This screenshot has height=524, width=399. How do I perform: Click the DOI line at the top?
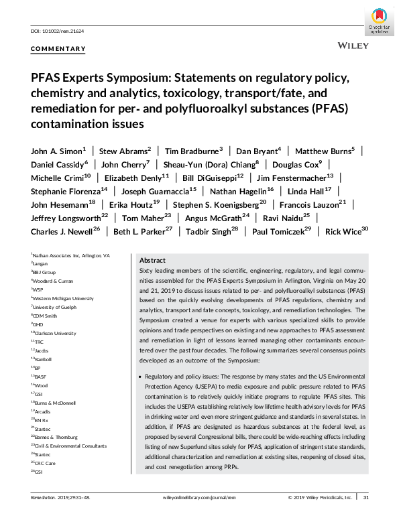pyautogui.click(x=54, y=31)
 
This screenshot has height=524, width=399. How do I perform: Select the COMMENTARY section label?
pyautogui.click(x=58, y=49)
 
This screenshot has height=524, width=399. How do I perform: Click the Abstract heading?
pyautogui.click(x=153, y=260)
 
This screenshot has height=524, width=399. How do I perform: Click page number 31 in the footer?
pyautogui.click(x=365, y=515)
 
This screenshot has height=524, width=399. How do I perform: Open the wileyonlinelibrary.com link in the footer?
pyautogui.click(x=198, y=515)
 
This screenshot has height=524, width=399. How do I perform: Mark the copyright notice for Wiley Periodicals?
pyautogui.click(x=320, y=515)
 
